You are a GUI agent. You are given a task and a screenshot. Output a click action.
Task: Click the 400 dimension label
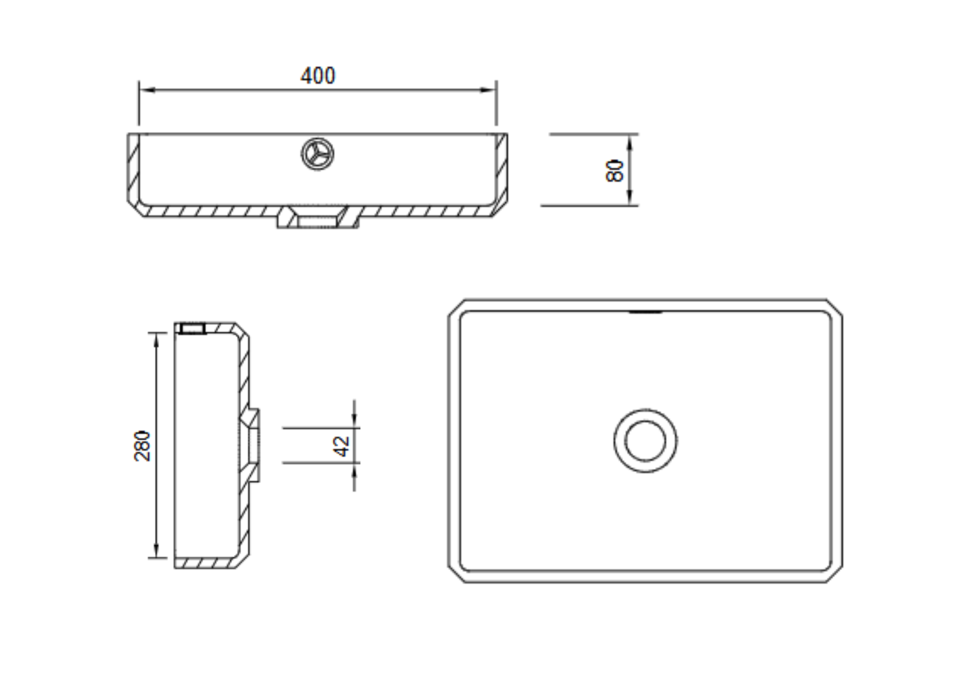pyautogui.click(x=318, y=76)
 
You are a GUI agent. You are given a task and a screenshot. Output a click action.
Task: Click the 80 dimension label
pyautogui.click(x=615, y=170)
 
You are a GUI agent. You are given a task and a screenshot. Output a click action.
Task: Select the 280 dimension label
pyautogui.click(x=142, y=446)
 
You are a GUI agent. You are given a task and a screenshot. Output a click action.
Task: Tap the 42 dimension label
pyautogui.click(x=341, y=446)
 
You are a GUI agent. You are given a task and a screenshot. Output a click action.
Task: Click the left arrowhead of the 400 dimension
pyautogui.click(x=148, y=90)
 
